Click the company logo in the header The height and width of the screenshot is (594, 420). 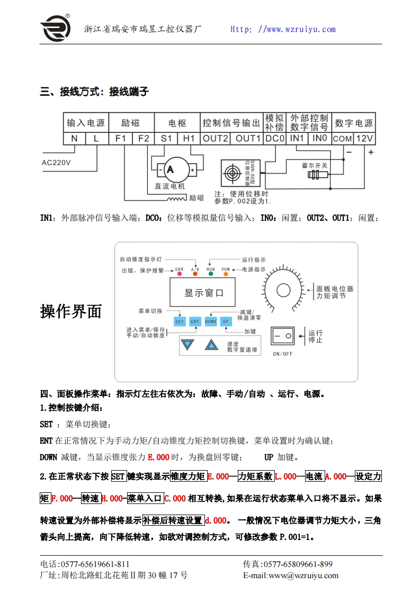click(56, 27)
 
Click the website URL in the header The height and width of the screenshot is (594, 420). click(283, 30)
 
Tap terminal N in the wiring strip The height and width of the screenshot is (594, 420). click(74, 138)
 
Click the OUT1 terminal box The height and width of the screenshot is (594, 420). click(247, 138)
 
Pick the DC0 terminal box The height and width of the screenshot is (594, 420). click(275, 138)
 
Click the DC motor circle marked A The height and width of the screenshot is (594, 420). click(171, 169)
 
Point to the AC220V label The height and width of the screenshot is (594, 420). click(56, 163)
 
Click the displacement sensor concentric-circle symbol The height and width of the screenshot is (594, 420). click(231, 174)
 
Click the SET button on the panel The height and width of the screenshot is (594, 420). click(180, 321)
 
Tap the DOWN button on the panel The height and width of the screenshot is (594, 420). click(210, 321)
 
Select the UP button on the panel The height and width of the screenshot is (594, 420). click(226, 321)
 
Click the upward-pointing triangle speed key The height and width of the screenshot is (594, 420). click(211, 345)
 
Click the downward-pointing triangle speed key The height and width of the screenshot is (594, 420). click(187, 345)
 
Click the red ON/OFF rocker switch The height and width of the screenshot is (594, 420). click(282, 336)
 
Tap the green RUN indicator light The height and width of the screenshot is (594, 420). click(211, 275)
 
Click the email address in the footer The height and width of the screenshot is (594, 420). click(290, 575)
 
